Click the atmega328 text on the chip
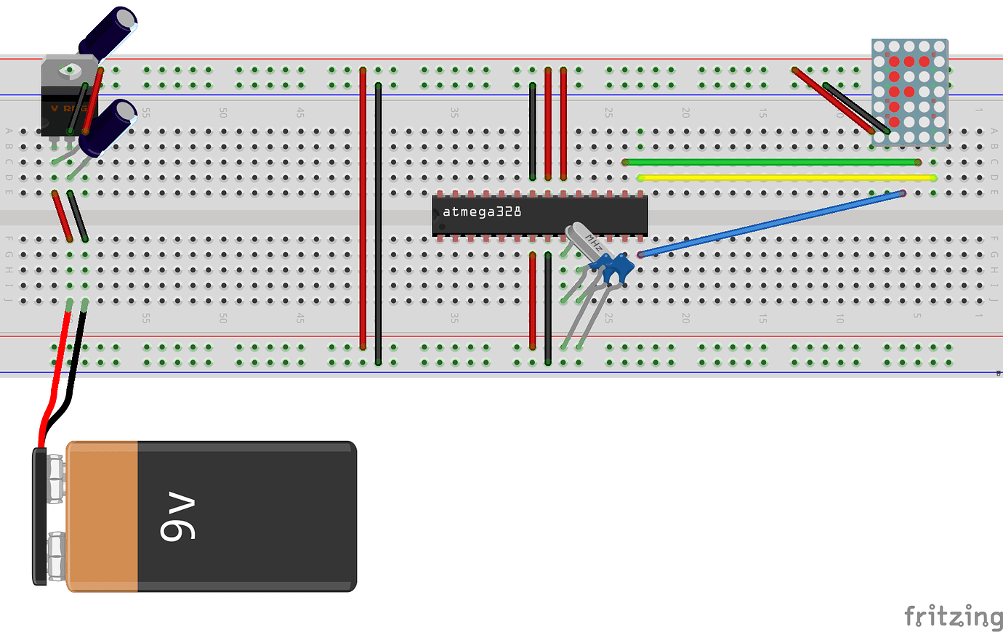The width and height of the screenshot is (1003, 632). coord(482,212)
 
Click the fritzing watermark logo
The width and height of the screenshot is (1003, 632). coord(953,616)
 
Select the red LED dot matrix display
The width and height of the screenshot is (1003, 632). coord(909,92)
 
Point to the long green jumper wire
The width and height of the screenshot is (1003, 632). coord(770,162)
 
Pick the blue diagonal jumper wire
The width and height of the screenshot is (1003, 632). coord(770,224)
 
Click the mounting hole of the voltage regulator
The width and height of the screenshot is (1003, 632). coord(69,70)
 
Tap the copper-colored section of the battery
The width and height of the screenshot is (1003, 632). coord(102,516)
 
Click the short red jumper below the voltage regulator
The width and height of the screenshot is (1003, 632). coord(61,216)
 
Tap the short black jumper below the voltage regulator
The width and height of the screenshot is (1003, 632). coord(78,216)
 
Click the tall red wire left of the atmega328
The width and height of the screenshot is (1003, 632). coord(363,211)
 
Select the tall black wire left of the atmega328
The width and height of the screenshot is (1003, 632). coord(378,225)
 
